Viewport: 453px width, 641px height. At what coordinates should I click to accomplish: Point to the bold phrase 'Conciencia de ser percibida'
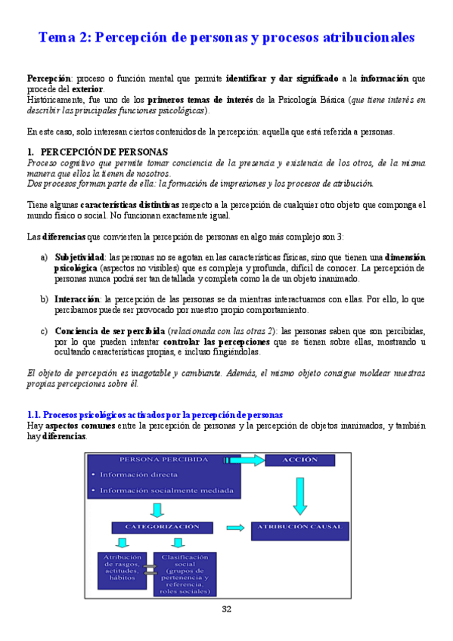[110, 331]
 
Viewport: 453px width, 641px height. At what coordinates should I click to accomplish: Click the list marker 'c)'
[44, 331]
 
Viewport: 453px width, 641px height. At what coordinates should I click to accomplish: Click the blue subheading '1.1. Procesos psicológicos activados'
[155, 415]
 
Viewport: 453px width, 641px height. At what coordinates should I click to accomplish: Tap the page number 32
[227, 609]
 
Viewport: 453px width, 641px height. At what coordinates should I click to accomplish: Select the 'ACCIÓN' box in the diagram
[300, 460]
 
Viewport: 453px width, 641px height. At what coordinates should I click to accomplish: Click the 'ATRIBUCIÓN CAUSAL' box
[299, 527]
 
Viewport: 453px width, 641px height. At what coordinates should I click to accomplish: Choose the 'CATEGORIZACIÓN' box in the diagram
[166, 527]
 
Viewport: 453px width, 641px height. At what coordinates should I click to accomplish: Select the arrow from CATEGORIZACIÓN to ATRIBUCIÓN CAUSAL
[235, 528]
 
